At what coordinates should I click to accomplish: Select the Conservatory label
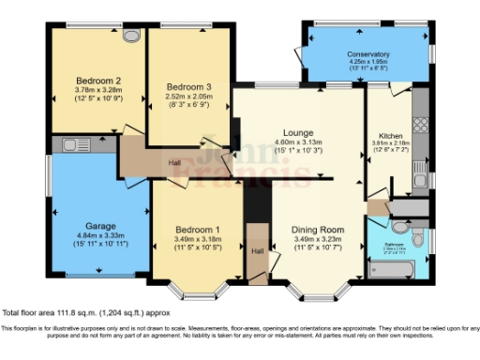click(x=367, y=55)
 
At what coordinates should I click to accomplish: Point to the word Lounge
click(x=300, y=132)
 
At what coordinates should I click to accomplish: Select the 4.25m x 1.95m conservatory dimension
click(x=367, y=63)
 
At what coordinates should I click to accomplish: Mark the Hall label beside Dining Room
click(x=257, y=251)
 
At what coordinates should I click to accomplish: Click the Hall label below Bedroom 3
click(x=175, y=162)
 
